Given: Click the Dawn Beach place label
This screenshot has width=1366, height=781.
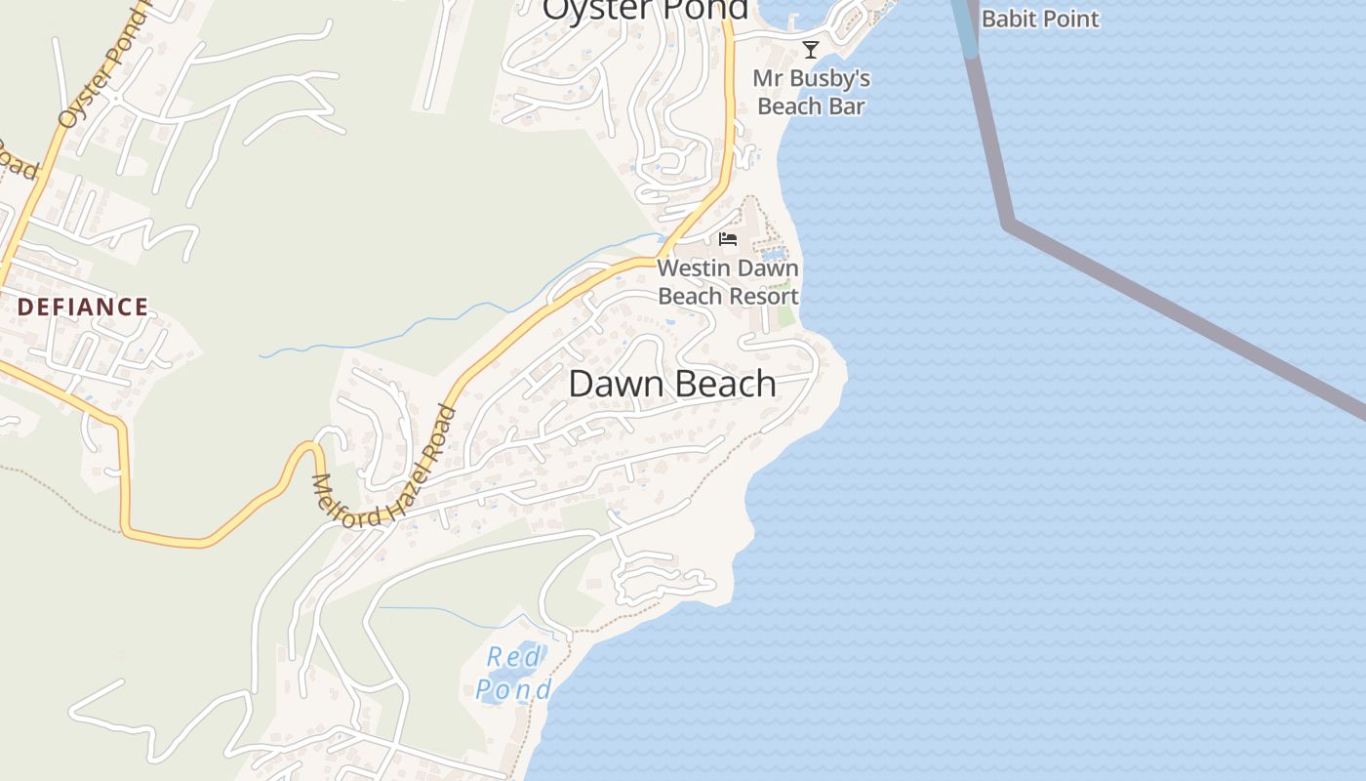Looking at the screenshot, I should (x=672, y=384).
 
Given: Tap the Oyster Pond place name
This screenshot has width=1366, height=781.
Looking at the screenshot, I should (x=645, y=9).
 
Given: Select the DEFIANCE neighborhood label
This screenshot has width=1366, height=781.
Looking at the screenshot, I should (x=83, y=308).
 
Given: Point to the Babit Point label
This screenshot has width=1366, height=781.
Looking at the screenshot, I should (x=1040, y=19).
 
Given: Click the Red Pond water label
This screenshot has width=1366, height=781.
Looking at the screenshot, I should (x=513, y=674).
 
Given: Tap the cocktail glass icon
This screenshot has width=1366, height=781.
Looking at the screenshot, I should (x=810, y=50).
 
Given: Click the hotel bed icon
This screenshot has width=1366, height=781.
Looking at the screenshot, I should (x=727, y=239).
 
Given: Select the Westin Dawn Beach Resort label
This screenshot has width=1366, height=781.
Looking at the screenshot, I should (x=728, y=282).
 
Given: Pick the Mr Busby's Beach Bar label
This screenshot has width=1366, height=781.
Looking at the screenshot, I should (x=812, y=92).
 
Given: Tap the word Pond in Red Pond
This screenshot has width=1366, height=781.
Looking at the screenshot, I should (x=514, y=690).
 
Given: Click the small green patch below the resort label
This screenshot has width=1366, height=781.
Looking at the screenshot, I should (x=785, y=317).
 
